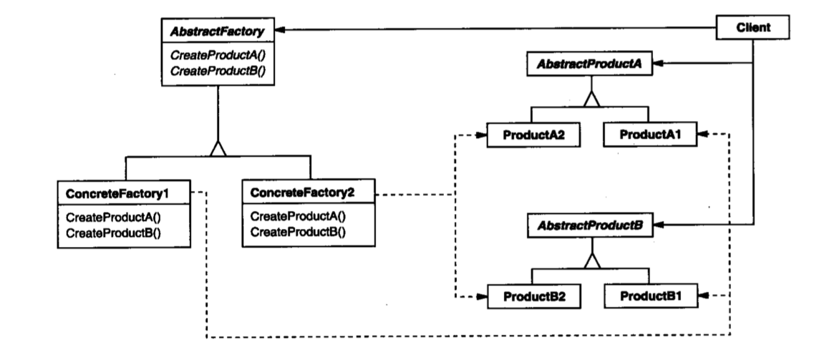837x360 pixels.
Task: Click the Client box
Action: [x=752, y=28]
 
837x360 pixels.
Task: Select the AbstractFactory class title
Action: [x=217, y=31]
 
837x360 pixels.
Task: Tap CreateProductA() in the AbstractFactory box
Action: [x=217, y=57]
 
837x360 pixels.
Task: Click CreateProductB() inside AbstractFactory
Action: [x=217, y=72]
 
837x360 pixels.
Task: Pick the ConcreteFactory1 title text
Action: [x=117, y=194]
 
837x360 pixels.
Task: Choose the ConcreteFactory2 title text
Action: [x=301, y=192]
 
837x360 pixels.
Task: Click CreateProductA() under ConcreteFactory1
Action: [x=113, y=218]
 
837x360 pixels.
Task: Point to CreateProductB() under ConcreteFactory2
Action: [x=298, y=231]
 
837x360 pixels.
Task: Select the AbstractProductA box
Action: [x=589, y=64]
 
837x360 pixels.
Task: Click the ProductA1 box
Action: [x=650, y=135]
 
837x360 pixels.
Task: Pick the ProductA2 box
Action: [x=533, y=135]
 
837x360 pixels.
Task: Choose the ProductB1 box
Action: [x=651, y=296]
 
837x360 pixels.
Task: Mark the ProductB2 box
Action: [x=534, y=296]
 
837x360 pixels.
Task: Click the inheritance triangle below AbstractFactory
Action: [x=218, y=148]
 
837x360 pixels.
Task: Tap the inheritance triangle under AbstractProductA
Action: [x=591, y=99]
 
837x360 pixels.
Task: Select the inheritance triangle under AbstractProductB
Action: [x=592, y=261]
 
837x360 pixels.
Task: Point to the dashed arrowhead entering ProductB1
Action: [x=704, y=295]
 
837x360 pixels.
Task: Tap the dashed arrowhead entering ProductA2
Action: [x=480, y=135]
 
